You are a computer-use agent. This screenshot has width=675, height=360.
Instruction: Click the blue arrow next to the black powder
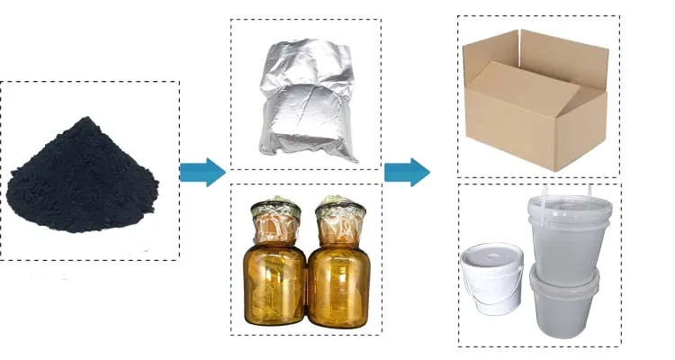click(x=202, y=172)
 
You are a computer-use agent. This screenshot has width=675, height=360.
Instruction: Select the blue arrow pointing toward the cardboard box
click(x=406, y=172)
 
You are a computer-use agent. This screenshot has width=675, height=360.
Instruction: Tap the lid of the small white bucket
click(x=491, y=253)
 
